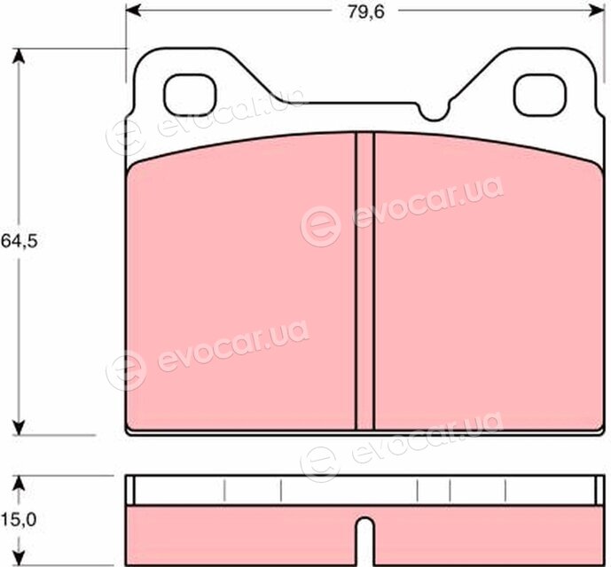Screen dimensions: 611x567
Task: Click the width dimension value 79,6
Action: click(366, 12)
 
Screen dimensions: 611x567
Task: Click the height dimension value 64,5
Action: click(20, 242)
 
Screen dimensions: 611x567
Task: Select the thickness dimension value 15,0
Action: click(19, 519)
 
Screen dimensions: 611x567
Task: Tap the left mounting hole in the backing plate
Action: click(190, 95)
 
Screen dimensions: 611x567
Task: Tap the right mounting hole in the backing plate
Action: click(540, 95)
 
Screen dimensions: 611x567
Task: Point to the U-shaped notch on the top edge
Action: click(434, 111)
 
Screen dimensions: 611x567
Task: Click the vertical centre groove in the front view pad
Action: click(365, 281)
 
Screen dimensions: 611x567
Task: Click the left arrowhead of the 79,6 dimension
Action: click(133, 11)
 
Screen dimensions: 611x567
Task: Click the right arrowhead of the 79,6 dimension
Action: click(597, 11)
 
